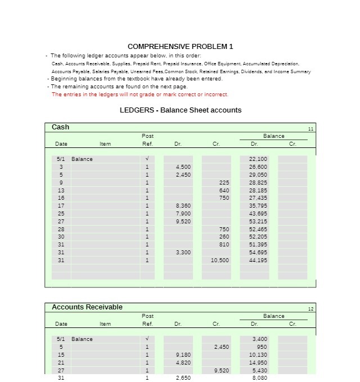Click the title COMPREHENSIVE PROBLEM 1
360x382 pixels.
(x=180, y=46)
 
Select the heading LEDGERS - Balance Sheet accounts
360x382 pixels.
(x=181, y=110)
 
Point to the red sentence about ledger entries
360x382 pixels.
(x=139, y=95)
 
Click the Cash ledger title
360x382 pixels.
(x=61, y=127)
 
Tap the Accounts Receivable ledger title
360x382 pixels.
(x=87, y=307)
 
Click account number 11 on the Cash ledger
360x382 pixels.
(x=310, y=129)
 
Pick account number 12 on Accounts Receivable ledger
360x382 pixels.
(x=310, y=309)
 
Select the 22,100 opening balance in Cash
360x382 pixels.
(x=258, y=159)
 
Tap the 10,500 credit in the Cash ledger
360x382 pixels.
(x=219, y=260)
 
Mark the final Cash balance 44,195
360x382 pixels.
(x=258, y=260)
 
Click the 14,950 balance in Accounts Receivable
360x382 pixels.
(x=258, y=363)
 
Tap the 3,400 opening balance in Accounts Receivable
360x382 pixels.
(x=259, y=339)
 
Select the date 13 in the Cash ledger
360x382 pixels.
(x=61, y=190)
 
